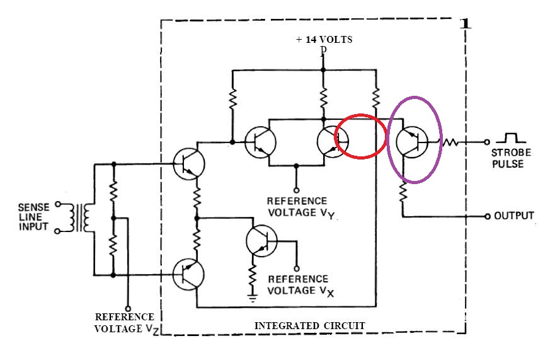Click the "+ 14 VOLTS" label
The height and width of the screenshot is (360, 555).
pos(324,39)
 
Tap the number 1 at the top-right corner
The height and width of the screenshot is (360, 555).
pos(466,25)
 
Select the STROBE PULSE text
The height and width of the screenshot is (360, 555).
pos(512,158)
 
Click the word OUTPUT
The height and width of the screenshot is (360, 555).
pos(514,216)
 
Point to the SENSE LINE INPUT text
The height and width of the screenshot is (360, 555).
pos(33,216)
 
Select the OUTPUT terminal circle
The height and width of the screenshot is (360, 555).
pos(488,216)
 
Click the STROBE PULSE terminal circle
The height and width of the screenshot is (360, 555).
pos(488,142)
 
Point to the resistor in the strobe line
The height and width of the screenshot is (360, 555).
pos(452,142)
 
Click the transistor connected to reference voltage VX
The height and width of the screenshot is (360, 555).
pos(260,239)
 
